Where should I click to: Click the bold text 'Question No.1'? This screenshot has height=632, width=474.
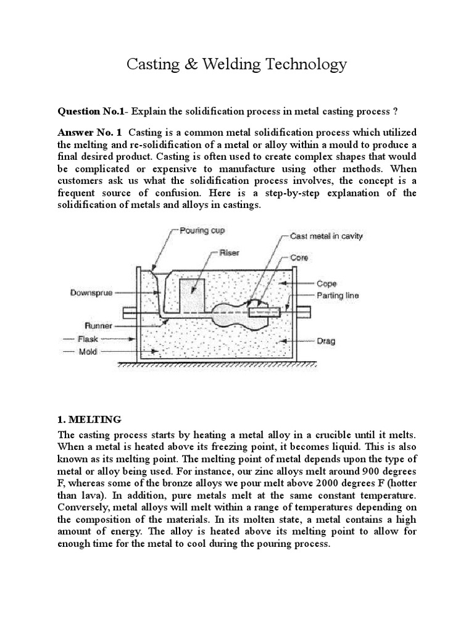coord(91,111)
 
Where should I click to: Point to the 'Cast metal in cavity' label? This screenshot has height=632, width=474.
coord(328,236)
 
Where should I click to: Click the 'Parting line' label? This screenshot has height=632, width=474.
coord(338,296)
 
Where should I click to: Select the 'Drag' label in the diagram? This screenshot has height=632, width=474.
coord(326,340)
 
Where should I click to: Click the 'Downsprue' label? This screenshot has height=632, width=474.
coord(91,293)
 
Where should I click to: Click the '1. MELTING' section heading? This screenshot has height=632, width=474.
coord(89,420)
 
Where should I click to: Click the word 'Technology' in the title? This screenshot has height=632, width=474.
coord(309,64)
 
